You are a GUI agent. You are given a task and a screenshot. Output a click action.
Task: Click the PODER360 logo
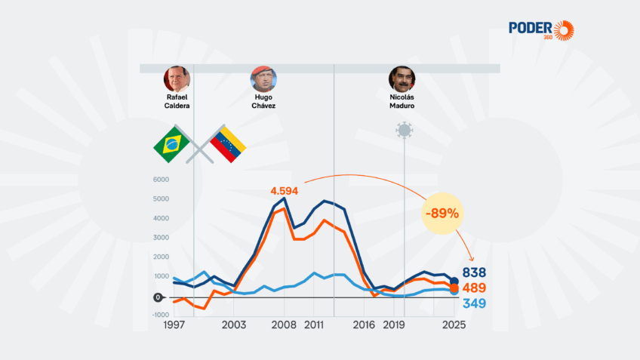pos(541,30)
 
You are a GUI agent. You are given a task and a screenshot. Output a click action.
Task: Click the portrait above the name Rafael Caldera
pos(177,79)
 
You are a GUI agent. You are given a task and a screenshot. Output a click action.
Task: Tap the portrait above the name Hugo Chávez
pos(263,79)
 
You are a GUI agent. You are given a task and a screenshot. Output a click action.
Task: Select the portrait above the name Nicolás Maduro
pos(402,79)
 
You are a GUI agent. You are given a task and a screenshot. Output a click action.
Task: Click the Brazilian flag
pos(171,143)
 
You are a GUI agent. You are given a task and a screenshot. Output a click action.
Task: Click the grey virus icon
pos(405,130)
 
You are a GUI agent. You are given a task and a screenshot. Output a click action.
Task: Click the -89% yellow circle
pos(442,213)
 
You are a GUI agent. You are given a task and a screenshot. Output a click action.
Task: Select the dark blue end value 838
pos(474,272)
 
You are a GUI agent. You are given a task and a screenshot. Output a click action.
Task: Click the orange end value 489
pos(474,288)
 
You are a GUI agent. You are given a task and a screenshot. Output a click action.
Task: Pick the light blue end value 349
pos(474,304)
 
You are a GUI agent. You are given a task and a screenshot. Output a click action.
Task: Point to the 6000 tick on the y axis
pos(162,180)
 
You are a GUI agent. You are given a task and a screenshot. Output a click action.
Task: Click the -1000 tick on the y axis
pos(160,315)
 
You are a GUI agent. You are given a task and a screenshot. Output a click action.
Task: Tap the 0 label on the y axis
pos(158,297)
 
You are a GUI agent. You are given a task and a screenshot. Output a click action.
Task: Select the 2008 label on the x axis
pos(284,325)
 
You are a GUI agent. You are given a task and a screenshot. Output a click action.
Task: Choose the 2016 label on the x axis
pos(365,325)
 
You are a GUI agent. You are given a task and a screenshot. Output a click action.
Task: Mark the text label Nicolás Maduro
pos(402,102)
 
